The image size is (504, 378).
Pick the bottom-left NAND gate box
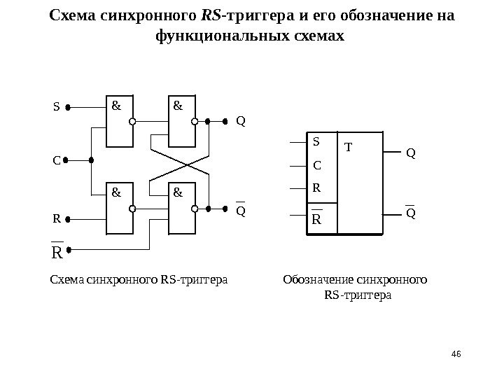tap(118, 208)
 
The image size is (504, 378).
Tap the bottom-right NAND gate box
tap(181, 208)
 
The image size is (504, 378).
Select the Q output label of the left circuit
tap(241, 121)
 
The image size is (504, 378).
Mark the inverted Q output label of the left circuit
tap(241, 210)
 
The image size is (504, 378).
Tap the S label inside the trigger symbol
tap(316, 141)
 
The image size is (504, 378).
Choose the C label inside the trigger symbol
tap(316, 166)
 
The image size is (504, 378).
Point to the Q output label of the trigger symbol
tap(410, 152)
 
